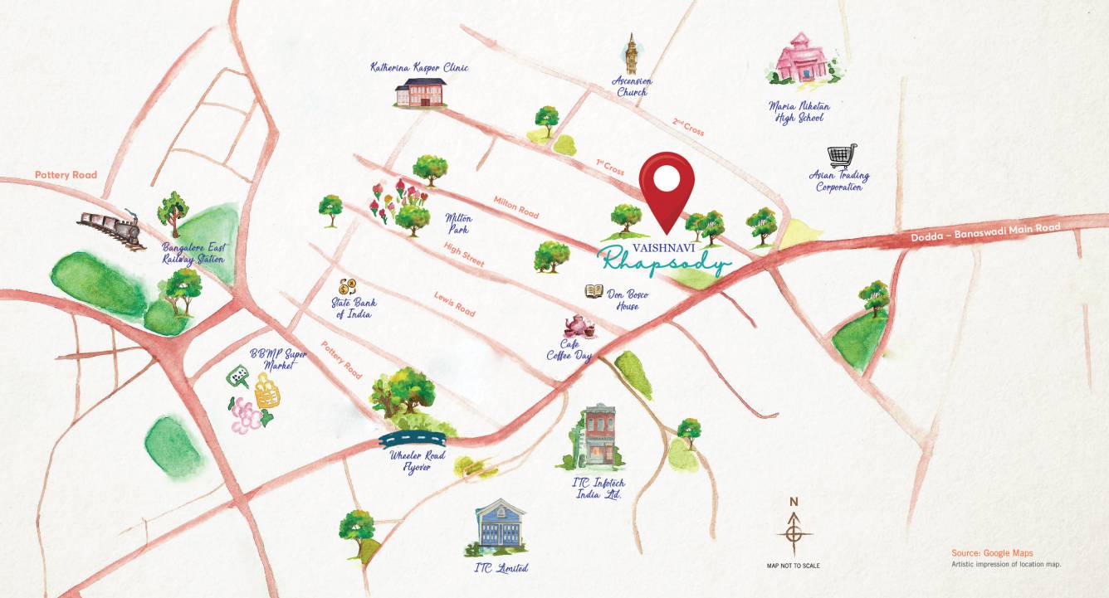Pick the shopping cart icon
pos(842,156)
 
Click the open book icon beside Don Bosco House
pos(594,291)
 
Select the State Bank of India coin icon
pos(347,286)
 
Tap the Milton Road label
pos(516,207)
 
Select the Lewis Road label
pos(454,304)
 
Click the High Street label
pos(464,255)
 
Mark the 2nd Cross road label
pos(688,126)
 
